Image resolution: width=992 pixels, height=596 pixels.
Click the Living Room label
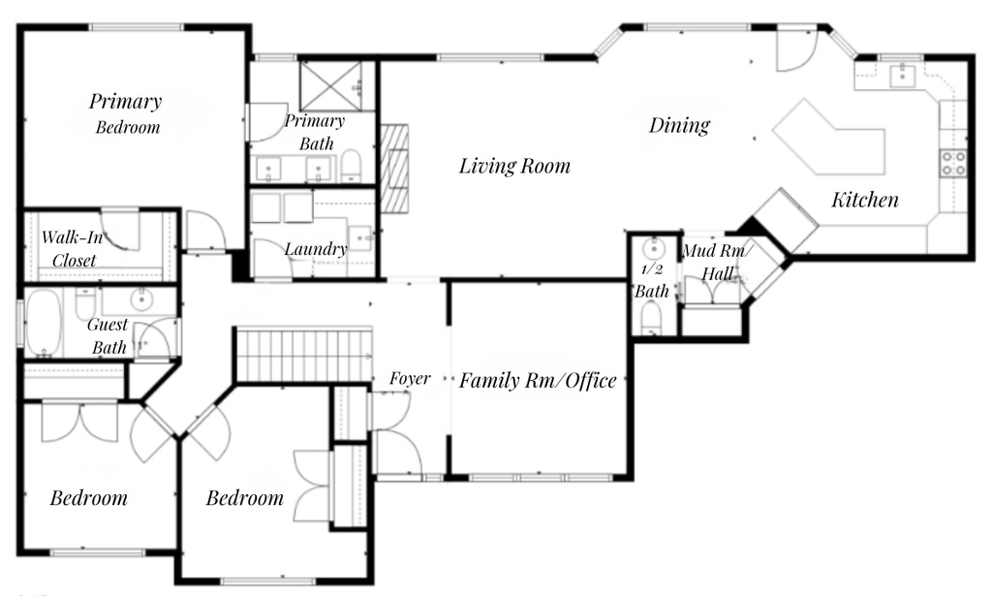pos(514,166)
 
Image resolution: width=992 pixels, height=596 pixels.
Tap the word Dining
pos(679,125)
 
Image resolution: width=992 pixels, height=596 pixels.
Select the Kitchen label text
pos(864,200)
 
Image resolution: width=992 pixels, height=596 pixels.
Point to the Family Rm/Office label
pos(538,381)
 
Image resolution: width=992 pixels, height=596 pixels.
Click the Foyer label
pos(410,379)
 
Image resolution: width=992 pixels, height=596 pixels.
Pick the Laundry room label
pos(315,249)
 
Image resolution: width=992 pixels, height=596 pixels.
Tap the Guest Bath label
pos(108,336)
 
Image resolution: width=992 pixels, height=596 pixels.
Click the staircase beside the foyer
pos(303,355)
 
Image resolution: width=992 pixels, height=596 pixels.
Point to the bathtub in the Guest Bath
pos(44,322)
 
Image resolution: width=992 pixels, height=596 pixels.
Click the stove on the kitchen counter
pos(953,162)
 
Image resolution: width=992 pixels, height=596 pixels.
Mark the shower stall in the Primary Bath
pos(330,85)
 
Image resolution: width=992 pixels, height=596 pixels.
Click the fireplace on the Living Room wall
pos(394,169)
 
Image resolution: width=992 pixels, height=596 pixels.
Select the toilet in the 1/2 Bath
pos(652,317)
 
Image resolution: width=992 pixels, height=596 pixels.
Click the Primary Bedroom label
pos(126,112)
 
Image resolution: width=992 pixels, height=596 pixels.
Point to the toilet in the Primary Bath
pos(351,166)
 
